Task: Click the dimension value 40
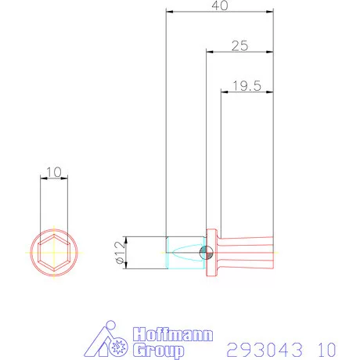[220, 5]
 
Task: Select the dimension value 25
[239, 46]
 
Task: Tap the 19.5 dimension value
[247, 86]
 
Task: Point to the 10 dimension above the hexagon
[54, 172]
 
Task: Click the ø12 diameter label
[120, 253]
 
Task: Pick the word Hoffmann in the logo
[173, 334]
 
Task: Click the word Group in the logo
[158, 351]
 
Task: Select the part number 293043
[265, 350]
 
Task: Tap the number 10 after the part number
[327, 350]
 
